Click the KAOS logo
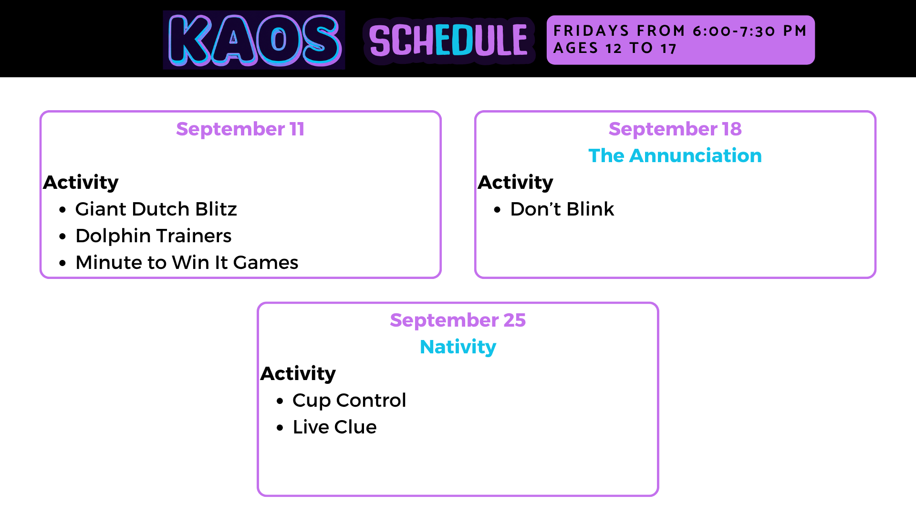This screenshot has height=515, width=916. click(x=254, y=40)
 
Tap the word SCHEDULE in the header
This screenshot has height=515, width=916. click(x=448, y=41)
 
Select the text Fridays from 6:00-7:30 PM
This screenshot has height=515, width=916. click(x=680, y=31)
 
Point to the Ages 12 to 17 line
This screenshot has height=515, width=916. click(x=614, y=48)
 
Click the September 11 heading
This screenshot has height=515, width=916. click(x=240, y=129)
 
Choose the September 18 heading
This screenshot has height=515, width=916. click(x=675, y=129)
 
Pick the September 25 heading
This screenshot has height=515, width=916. click(x=458, y=320)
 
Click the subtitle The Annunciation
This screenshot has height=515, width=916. click(x=675, y=155)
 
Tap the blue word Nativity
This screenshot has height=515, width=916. click(x=458, y=347)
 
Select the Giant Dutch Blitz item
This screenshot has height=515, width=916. click(x=156, y=209)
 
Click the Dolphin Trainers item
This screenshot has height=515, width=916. click(x=154, y=236)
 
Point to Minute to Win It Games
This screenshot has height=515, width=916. click(x=187, y=262)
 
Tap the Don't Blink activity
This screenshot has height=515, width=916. click(x=562, y=209)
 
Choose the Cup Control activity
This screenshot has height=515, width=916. click(x=349, y=401)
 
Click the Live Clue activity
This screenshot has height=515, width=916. click(x=334, y=427)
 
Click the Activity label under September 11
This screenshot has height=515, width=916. click(x=81, y=183)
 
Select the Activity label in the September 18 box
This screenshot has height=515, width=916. click(x=515, y=183)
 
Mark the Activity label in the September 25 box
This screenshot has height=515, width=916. click(x=298, y=374)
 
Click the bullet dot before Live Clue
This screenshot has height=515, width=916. click(x=280, y=428)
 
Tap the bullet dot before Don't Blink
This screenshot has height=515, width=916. click(x=498, y=210)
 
